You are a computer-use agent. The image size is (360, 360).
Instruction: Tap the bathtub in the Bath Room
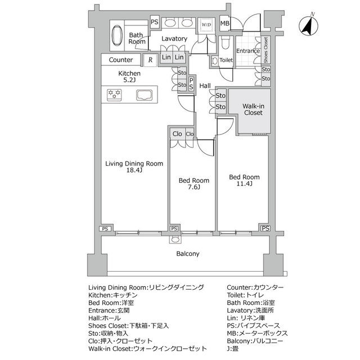(117, 35)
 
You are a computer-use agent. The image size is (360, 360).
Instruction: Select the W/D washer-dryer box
(206, 24)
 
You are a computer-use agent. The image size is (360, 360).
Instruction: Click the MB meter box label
(224, 24)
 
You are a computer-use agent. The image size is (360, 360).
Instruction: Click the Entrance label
(247, 51)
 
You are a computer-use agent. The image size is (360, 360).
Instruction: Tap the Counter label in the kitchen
(121, 60)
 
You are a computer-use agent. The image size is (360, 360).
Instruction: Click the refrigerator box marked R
(150, 60)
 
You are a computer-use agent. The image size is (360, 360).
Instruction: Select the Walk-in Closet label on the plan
(253, 109)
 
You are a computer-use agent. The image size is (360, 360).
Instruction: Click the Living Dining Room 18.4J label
(135, 167)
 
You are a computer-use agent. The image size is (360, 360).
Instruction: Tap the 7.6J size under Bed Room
(194, 188)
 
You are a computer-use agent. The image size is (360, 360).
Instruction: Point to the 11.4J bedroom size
(244, 184)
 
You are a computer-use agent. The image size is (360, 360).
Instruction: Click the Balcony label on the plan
(188, 254)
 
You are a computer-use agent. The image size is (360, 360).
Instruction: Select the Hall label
(205, 86)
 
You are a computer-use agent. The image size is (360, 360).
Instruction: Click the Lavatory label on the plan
(174, 39)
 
